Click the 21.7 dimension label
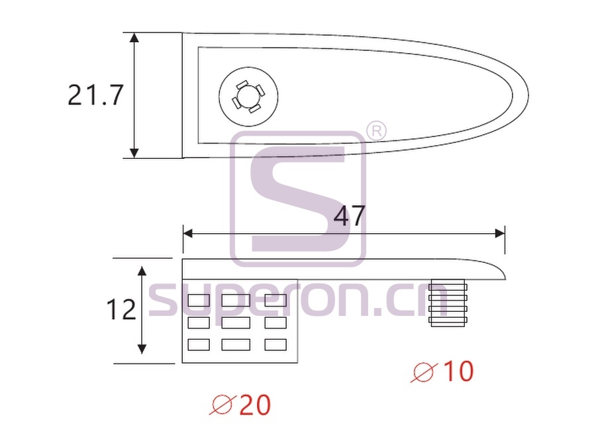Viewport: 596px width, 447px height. (95, 95)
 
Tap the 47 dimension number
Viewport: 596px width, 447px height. (349, 216)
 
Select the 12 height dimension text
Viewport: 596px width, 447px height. (121, 309)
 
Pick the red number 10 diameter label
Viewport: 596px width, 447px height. (459, 371)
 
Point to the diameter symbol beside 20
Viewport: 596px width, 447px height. (223, 405)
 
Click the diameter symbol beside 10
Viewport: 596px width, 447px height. (424, 372)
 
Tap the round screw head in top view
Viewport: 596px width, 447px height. (248, 97)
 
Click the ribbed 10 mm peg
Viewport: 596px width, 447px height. (448, 303)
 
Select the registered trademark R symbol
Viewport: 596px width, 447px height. (376, 132)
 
